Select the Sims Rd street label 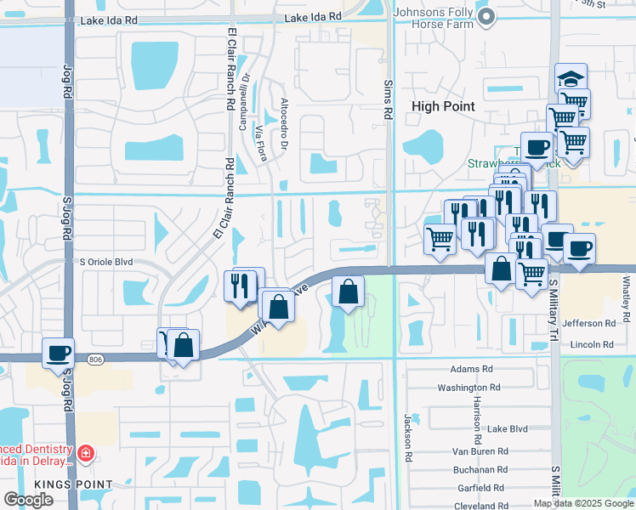tap(387, 99)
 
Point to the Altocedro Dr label tap(286, 121)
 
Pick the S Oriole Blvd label tap(106, 263)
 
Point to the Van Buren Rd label tap(480, 450)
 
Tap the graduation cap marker tap(571, 79)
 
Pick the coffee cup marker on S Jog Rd tap(58, 352)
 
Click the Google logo tap(28, 499)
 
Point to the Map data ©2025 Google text tap(583, 503)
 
